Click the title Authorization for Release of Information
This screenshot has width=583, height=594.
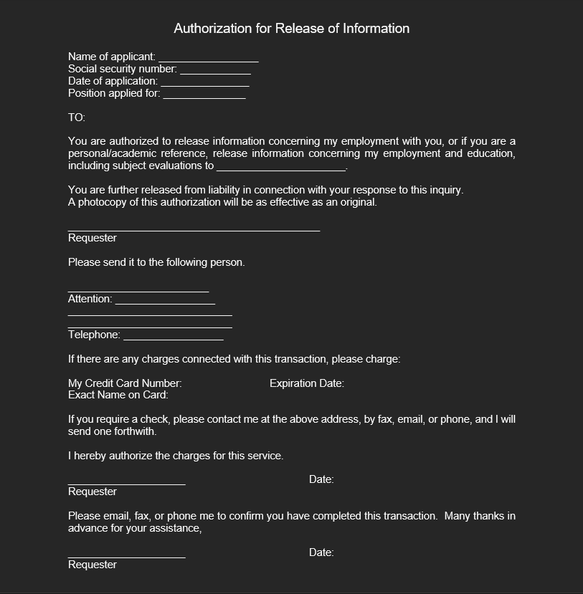pos(291,29)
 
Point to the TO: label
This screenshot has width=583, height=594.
pos(77,118)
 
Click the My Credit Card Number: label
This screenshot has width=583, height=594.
pos(125,383)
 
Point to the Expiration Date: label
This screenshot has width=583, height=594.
pos(307,383)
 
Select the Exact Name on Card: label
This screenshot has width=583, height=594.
pos(118,395)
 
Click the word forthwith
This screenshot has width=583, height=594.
pos(134,431)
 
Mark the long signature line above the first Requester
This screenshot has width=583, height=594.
pos(194,229)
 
